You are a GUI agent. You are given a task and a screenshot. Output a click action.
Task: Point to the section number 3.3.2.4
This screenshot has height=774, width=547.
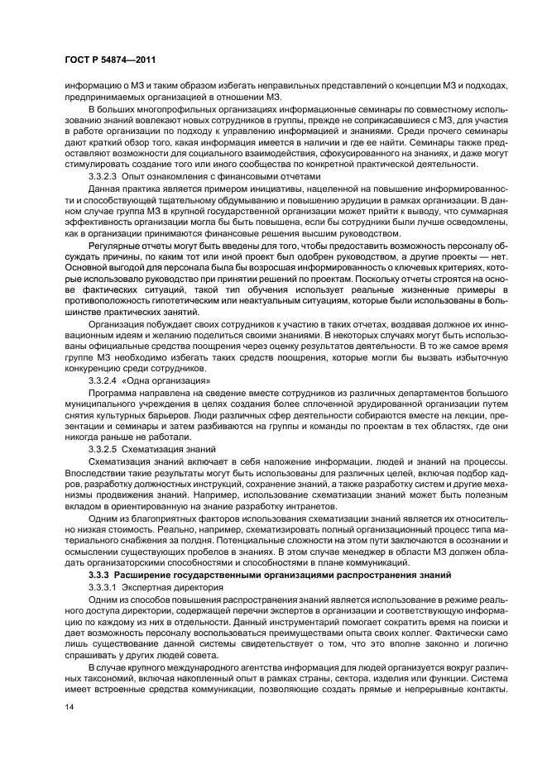[x=103, y=379]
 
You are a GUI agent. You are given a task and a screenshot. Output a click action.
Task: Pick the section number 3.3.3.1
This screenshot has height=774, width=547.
[x=103, y=585]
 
